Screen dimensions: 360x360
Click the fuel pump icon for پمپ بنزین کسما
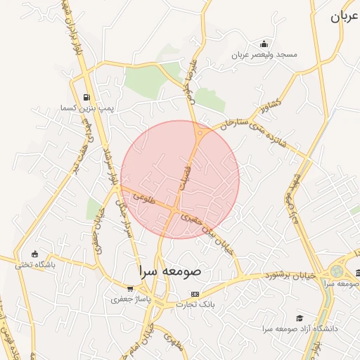coord(86,97)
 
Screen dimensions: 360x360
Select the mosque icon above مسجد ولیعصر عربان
coord(264,44)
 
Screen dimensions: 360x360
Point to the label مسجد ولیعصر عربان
coord(268,54)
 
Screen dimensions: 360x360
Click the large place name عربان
coord(345,17)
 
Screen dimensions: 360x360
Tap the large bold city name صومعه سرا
coord(170,271)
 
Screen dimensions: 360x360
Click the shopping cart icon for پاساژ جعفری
coord(130,288)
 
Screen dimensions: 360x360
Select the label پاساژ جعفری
coord(130,299)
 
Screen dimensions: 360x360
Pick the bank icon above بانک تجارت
coord(195,294)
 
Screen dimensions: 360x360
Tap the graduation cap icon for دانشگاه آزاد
coord(300,318)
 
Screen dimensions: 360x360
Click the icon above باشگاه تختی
coord(35,254)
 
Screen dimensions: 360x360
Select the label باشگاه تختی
coord(35,264)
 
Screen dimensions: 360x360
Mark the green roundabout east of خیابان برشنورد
coord(337,271)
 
